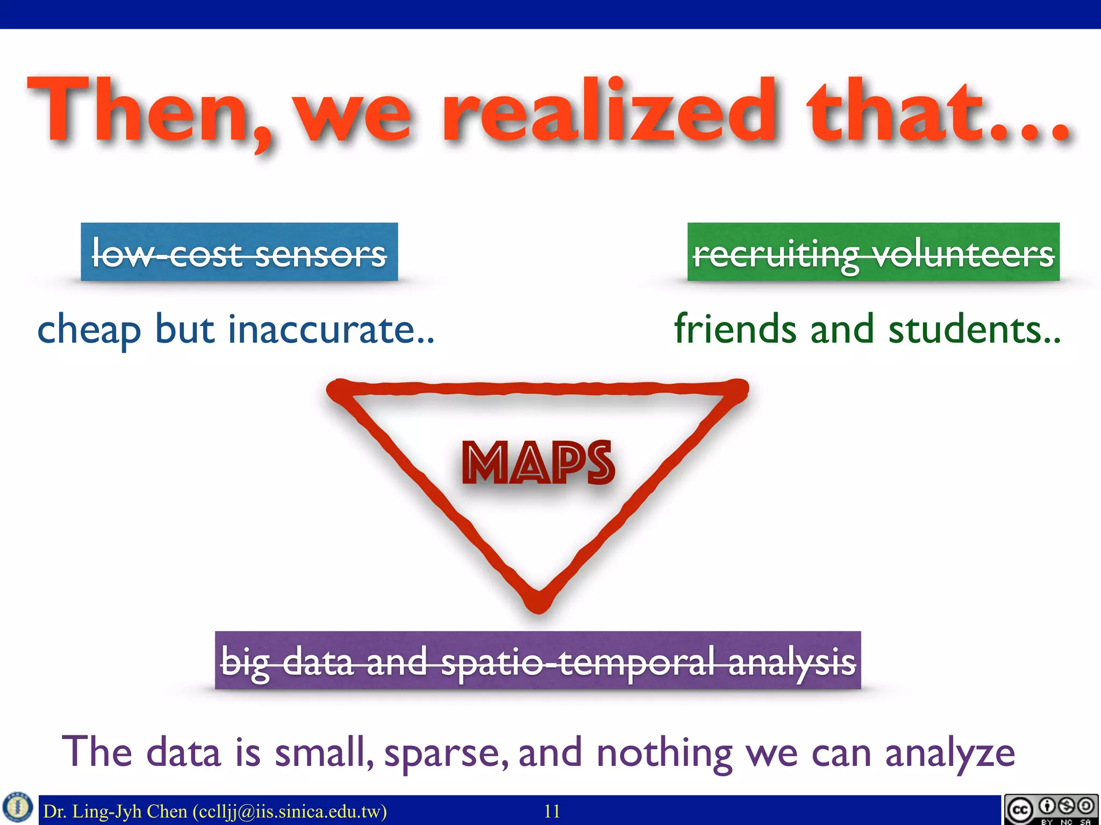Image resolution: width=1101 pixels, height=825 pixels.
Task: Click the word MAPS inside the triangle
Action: click(538, 463)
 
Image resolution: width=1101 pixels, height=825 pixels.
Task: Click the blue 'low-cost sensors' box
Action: click(239, 252)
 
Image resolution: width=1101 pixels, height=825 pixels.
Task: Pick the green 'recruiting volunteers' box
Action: click(873, 252)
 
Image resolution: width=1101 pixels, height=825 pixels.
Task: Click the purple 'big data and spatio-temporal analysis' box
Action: click(538, 660)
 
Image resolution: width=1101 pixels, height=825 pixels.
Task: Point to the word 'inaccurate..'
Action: click(331, 329)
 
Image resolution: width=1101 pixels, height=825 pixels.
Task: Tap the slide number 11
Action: click(552, 811)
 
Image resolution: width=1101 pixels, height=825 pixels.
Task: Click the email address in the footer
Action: click(289, 811)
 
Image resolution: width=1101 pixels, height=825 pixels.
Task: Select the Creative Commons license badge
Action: click(1051, 809)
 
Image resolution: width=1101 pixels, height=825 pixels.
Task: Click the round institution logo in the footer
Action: click(18, 807)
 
